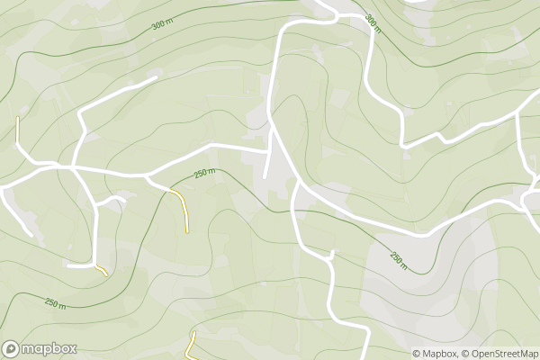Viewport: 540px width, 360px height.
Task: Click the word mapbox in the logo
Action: (49, 348)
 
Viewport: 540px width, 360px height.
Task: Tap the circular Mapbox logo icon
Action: (12, 348)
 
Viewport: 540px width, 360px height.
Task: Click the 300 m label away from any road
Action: (163, 25)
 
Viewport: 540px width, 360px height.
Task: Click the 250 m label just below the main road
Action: (205, 173)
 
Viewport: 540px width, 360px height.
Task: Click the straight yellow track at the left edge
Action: (17, 130)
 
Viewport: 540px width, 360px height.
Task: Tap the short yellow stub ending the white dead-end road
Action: (102, 269)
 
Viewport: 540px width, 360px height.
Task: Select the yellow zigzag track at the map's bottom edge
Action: (191, 345)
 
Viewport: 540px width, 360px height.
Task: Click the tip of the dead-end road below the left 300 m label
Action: (156, 77)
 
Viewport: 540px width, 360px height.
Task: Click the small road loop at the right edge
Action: (531, 196)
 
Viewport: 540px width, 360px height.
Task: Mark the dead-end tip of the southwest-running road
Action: (32, 235)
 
